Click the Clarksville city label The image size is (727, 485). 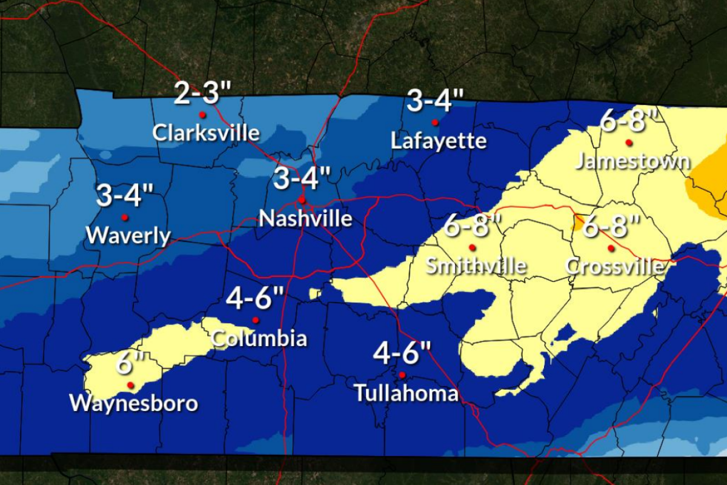tap(206, 132)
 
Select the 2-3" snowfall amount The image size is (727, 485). tap(202, 93)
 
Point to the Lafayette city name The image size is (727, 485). tap(439, 141)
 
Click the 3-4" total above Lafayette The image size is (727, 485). tap(435, 101)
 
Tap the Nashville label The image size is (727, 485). tap(305, 218)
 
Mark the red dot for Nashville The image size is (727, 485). tap(301, 199)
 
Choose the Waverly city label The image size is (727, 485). tap(128, 235)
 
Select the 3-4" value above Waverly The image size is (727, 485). tap(125, 196)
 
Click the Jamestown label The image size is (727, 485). tap(632, 161)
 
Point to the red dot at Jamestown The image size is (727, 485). tap(629, 142)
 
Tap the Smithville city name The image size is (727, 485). tap(476, 266)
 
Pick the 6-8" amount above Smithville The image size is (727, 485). tap(473, 227)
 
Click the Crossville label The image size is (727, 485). tap(614, 266)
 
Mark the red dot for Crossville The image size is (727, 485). tap(611, 248)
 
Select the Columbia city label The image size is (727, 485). tap(259, 338)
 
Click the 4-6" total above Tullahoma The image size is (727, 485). tap(402, 353)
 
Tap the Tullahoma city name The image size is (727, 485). tap(406, 393)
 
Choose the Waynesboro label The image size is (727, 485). tap(134, 403)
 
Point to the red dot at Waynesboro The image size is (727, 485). tap(130, 384)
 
